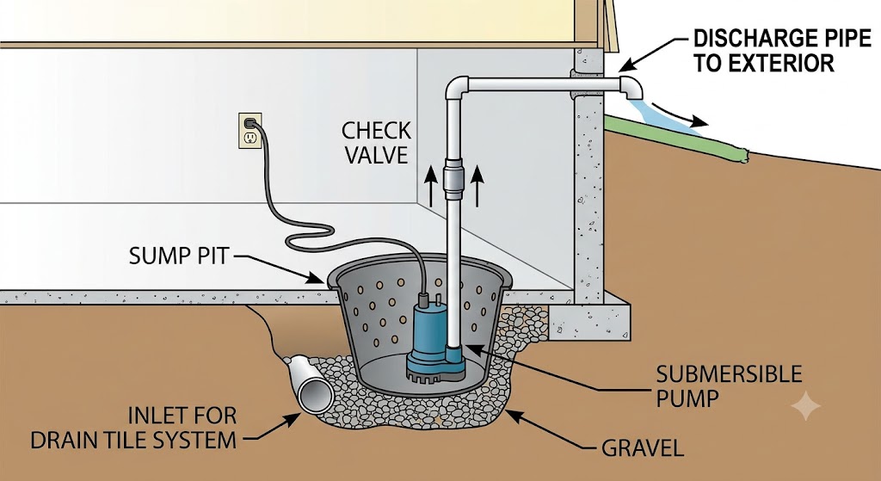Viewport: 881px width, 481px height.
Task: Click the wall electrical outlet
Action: [x=250, y=131]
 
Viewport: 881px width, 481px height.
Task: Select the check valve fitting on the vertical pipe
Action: [x=453, y=177]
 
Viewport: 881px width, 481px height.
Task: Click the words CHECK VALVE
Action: [x=376, y=143]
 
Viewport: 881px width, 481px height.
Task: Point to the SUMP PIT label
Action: [x=179, y=256]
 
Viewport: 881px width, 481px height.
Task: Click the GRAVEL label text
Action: [x=642, y=448]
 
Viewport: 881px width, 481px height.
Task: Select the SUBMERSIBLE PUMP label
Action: [x=729, y=386]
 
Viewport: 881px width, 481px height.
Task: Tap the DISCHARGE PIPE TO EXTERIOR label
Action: [x=781, y=51]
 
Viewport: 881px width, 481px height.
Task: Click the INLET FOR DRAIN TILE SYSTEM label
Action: [x=133, y=428]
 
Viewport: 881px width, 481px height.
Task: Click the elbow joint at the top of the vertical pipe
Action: [x=456, y=87]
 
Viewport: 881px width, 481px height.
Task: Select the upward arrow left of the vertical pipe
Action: [x=430, y=186]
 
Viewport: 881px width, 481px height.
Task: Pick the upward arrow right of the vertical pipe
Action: [x=477, y=186]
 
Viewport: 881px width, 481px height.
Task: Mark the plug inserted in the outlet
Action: [x=250, y=122]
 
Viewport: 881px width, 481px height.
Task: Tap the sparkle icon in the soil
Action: [x=805, y=405]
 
